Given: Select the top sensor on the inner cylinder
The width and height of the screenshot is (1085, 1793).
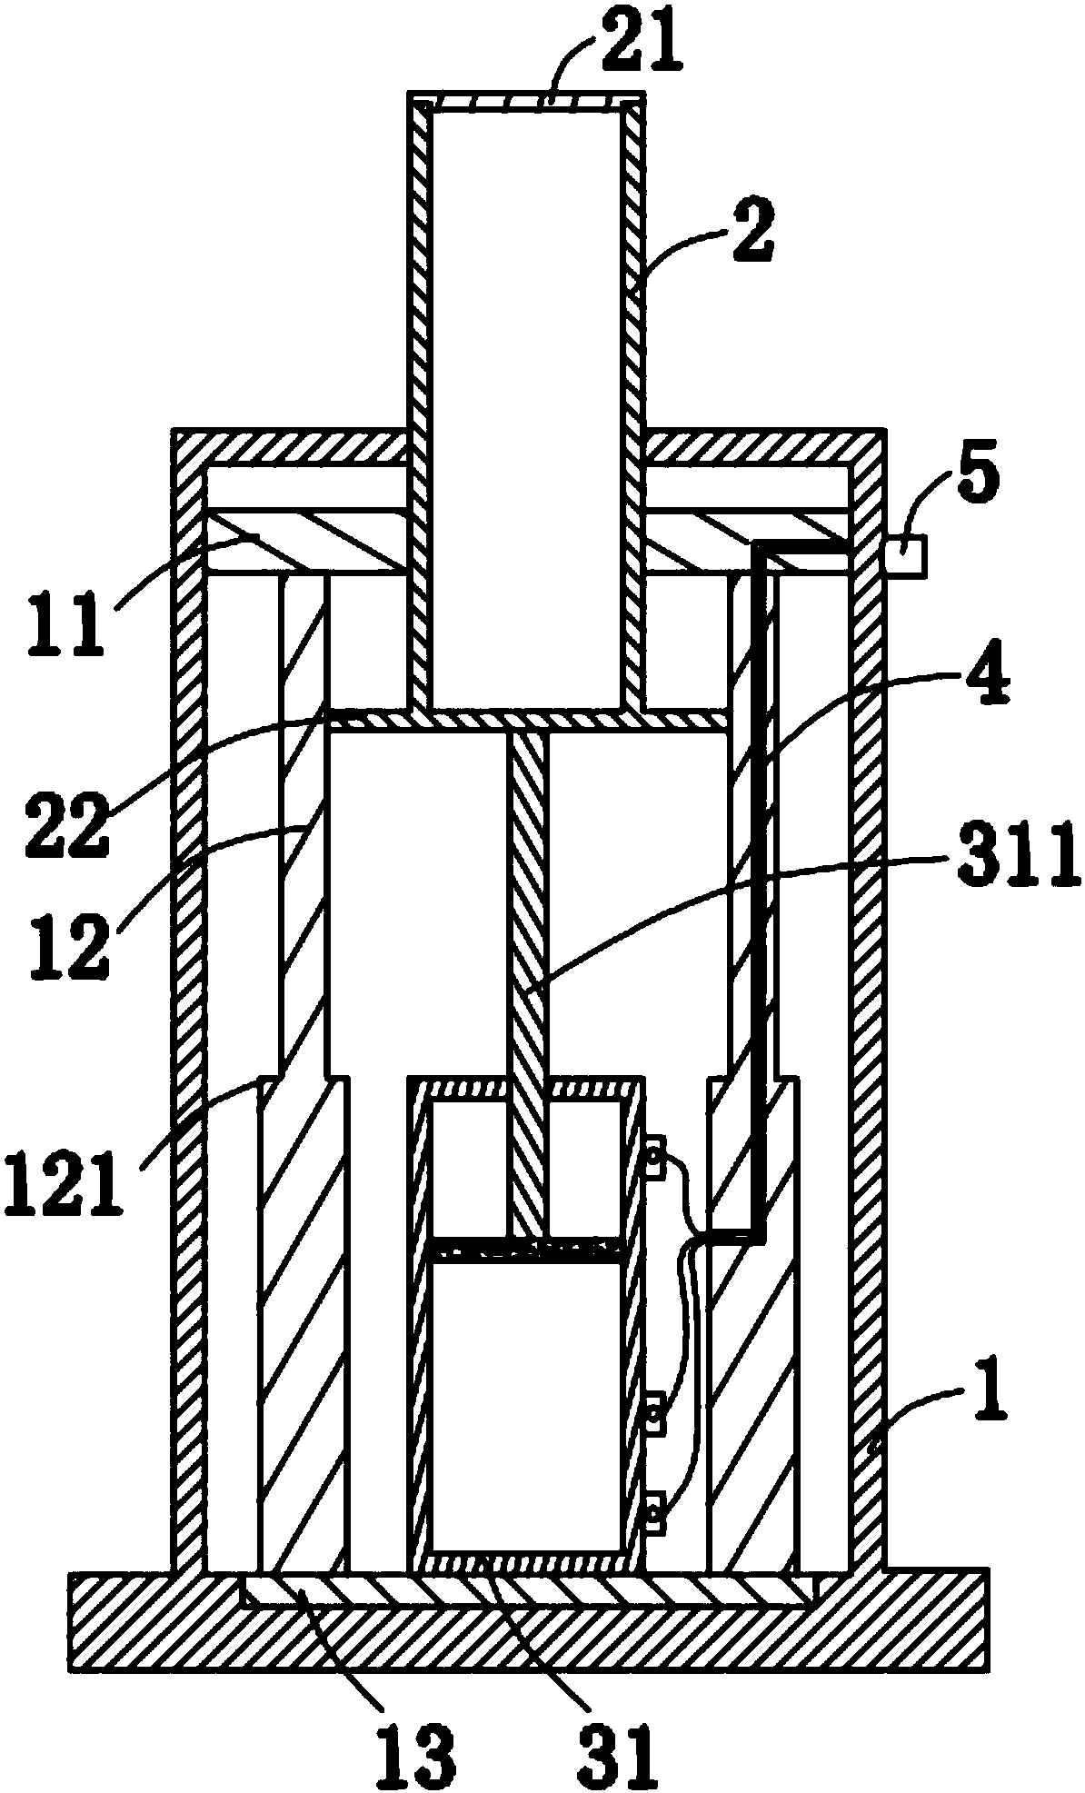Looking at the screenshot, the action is click(x=652, y=1159).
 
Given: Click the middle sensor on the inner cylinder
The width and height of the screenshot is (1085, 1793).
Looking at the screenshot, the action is click(x=652, y=1415).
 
